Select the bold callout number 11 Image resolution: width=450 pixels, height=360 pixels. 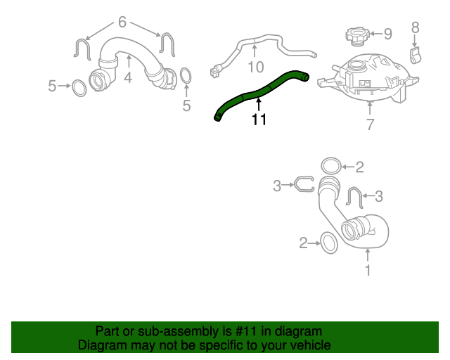[x=259, y=120]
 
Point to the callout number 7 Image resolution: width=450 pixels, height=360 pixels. [x=370, y=125]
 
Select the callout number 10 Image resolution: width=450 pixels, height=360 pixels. [x=255, y=67]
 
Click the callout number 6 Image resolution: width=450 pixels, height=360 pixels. [x=122, y=22]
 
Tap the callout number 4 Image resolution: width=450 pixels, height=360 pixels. [x=127, y=77]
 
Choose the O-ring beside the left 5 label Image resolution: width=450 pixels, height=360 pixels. [x=79, y=86]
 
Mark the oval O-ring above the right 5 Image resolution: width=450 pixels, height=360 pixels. [x=186, y=75]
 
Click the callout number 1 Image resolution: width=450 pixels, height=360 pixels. [x=367, y=269]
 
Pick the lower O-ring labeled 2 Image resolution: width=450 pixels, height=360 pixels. [x=328, y=243]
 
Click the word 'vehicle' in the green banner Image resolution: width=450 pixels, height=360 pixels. [x=308, y=345]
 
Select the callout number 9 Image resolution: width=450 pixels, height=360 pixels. [x=387, y=33]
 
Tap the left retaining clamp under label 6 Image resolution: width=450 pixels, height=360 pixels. [x=81, y=49]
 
